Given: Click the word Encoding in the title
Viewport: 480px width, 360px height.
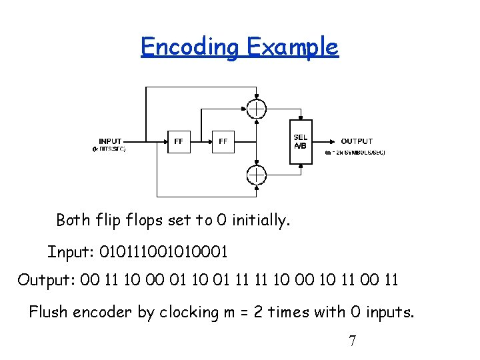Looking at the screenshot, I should (190, 47).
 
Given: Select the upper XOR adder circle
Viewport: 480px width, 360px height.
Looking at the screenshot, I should (256, 108).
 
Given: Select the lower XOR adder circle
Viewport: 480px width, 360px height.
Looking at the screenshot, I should (256, 175).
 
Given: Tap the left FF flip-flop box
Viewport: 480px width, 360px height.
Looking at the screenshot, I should (179, 141).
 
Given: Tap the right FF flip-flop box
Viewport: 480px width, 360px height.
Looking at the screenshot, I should (223, 141).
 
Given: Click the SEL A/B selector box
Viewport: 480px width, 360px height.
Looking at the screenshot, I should (301, 141).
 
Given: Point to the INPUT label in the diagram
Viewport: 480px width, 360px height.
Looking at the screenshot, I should (110, 141).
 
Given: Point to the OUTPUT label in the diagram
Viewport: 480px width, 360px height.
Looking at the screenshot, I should (357, 141).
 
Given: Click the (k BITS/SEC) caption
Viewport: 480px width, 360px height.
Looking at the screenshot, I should (109, 149).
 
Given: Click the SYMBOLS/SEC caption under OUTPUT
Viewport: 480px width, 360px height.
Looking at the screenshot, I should (355, 153).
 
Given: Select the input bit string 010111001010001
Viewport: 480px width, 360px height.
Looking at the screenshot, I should (163, 252).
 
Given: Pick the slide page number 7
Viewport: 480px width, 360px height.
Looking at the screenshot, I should (353, 341).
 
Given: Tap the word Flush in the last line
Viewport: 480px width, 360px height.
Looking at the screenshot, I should (47, 312).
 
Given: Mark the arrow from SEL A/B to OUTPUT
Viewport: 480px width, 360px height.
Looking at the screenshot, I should (325, 141).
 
